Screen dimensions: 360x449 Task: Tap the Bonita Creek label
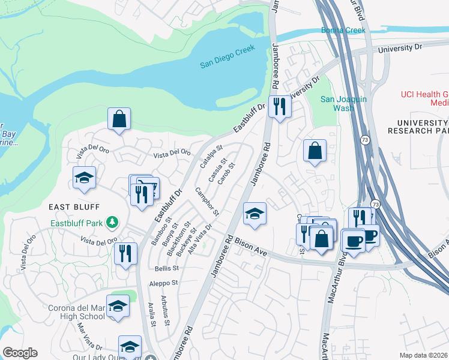pos(343,29)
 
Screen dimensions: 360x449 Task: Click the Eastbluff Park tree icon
pos(112,223)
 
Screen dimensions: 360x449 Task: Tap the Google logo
pos(20,353)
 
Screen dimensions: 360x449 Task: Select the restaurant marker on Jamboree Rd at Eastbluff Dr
pos(279,107)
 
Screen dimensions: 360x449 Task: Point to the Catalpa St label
pos(212,157)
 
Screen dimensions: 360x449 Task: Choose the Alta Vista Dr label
pos(200,239)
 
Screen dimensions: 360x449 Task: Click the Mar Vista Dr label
pos(89,337)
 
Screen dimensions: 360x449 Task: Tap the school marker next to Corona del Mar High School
pos(118,305)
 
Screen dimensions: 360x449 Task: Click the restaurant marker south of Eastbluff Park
pos(125,253)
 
